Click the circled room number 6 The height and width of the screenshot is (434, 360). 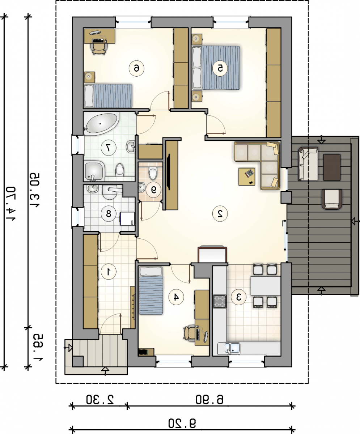click(x=136, y=68)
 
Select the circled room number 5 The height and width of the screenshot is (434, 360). click(x=220, y=68)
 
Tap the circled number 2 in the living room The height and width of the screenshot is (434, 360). click(x=220, y=213)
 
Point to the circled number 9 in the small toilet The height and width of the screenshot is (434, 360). click(x=153, y=190)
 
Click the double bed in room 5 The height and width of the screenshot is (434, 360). click(x=216, y=68)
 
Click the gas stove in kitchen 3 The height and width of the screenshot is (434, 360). click(x=220, y=301)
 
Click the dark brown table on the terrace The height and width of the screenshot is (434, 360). click(x=332, y=167)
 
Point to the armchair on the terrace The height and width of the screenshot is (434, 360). click(x=332, y=199)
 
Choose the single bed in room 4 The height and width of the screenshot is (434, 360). click(x=151, y=290)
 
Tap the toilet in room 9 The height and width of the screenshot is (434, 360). click(x=153, y=173)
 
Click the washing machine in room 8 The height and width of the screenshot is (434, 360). click(x=127, y=218)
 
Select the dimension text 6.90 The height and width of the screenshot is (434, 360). click(x=209, y=400)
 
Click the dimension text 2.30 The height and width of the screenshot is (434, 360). click(x=100, y=400)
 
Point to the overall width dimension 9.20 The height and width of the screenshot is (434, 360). click(x=182, y=423)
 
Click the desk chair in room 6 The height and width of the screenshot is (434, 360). click(x=99, y=48)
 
